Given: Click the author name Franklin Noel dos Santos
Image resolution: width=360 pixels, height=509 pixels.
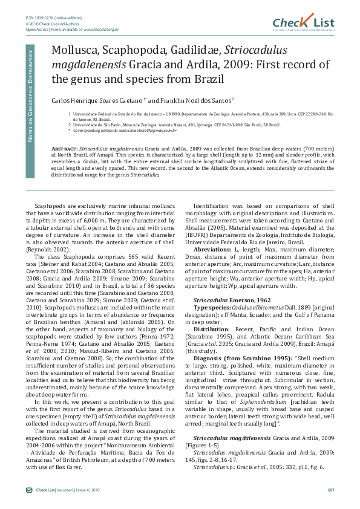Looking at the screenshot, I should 191,99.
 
